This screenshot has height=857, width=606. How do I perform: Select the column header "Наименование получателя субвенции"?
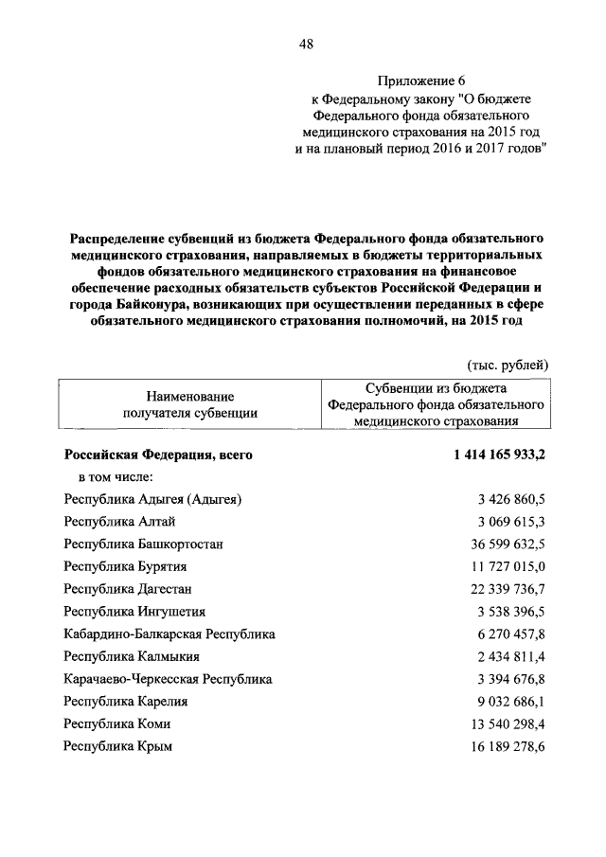(190, 404)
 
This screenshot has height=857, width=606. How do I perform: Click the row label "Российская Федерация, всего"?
(158, 455)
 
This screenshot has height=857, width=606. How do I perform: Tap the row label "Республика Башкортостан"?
(143, 545)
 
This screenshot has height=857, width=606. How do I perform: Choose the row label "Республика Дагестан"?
(130, 589)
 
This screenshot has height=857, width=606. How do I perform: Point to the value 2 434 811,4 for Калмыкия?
(510, 656)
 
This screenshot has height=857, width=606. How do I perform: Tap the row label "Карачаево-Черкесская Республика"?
(168, 679)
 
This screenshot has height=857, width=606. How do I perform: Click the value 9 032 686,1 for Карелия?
(510, 702)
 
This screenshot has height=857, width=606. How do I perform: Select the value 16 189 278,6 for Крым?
(507, 746)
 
